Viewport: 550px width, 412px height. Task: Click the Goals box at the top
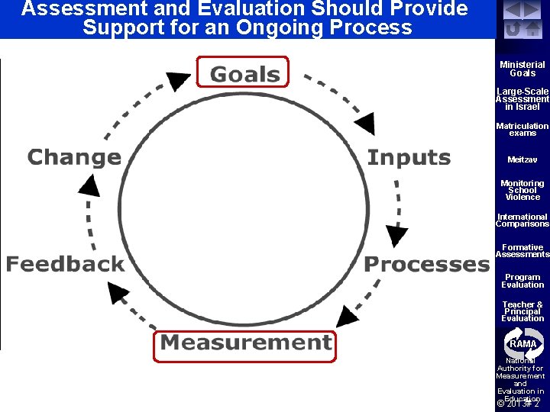[x=244, y=73]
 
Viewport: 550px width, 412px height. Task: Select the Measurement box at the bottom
[x=245, y=343]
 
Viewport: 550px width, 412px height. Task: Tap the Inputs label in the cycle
[x=409, y=158]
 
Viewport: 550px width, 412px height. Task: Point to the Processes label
[x=425, y=265]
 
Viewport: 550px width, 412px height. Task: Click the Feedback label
[x=65, y=265]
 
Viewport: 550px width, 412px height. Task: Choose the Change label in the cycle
[x=74, y=158]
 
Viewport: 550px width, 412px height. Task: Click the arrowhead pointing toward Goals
[x=179, y=81]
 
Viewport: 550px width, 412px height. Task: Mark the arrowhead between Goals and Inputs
[x=364, y=122]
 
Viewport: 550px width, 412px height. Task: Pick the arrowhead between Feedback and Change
[x=90, y=185]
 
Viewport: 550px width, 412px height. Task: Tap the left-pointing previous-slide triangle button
[x=513, y=11]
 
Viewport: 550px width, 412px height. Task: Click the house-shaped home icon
[x=532, y=29]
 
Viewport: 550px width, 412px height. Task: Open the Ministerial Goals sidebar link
[x=522, y=69]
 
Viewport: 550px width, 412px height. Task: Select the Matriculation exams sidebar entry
[x=522, y=129]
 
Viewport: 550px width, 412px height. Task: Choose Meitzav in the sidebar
[x=522, y=159]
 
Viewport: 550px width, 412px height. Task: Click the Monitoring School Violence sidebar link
[x=522, y=190]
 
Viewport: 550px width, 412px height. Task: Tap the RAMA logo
[x=522, y=343]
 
